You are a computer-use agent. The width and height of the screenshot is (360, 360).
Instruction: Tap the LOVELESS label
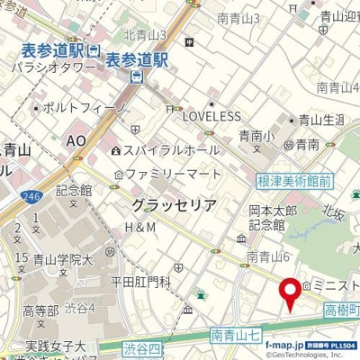coord(211,116)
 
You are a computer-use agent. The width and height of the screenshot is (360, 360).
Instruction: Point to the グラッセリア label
coord(173,205)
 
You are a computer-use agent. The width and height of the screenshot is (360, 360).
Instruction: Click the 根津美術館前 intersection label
coord(294,181)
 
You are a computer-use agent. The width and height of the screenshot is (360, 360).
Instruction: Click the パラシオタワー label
coord(53,66)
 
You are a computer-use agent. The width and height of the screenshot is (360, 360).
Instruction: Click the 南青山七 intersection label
coord(237,334)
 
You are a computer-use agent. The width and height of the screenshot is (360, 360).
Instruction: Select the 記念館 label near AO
coord(74,190)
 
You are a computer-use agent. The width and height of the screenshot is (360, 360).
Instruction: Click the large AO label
coord(77,141)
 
